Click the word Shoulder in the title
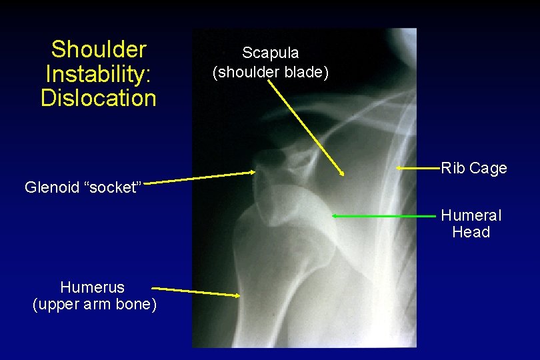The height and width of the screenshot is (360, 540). point(99,49)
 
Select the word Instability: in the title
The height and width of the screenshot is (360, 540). point(99,73)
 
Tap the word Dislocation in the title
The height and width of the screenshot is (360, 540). point(99,98)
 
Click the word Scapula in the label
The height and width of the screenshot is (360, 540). point(270,53)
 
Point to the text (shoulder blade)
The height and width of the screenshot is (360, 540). point(270,71)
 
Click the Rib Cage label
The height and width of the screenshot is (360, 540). point(473,168)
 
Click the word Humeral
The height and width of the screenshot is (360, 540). point(471,215)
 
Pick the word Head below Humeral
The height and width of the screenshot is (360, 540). point(471,232)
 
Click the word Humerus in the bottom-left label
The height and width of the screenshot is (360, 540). point(92,287)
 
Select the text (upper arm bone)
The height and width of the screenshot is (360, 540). point(95,305)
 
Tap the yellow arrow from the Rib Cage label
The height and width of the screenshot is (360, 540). point(417,169)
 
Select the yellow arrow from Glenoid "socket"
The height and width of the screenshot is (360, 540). point(200,177)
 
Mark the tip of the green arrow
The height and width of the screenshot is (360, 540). point(333,216)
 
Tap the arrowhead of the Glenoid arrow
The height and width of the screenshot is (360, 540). point(254,172)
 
